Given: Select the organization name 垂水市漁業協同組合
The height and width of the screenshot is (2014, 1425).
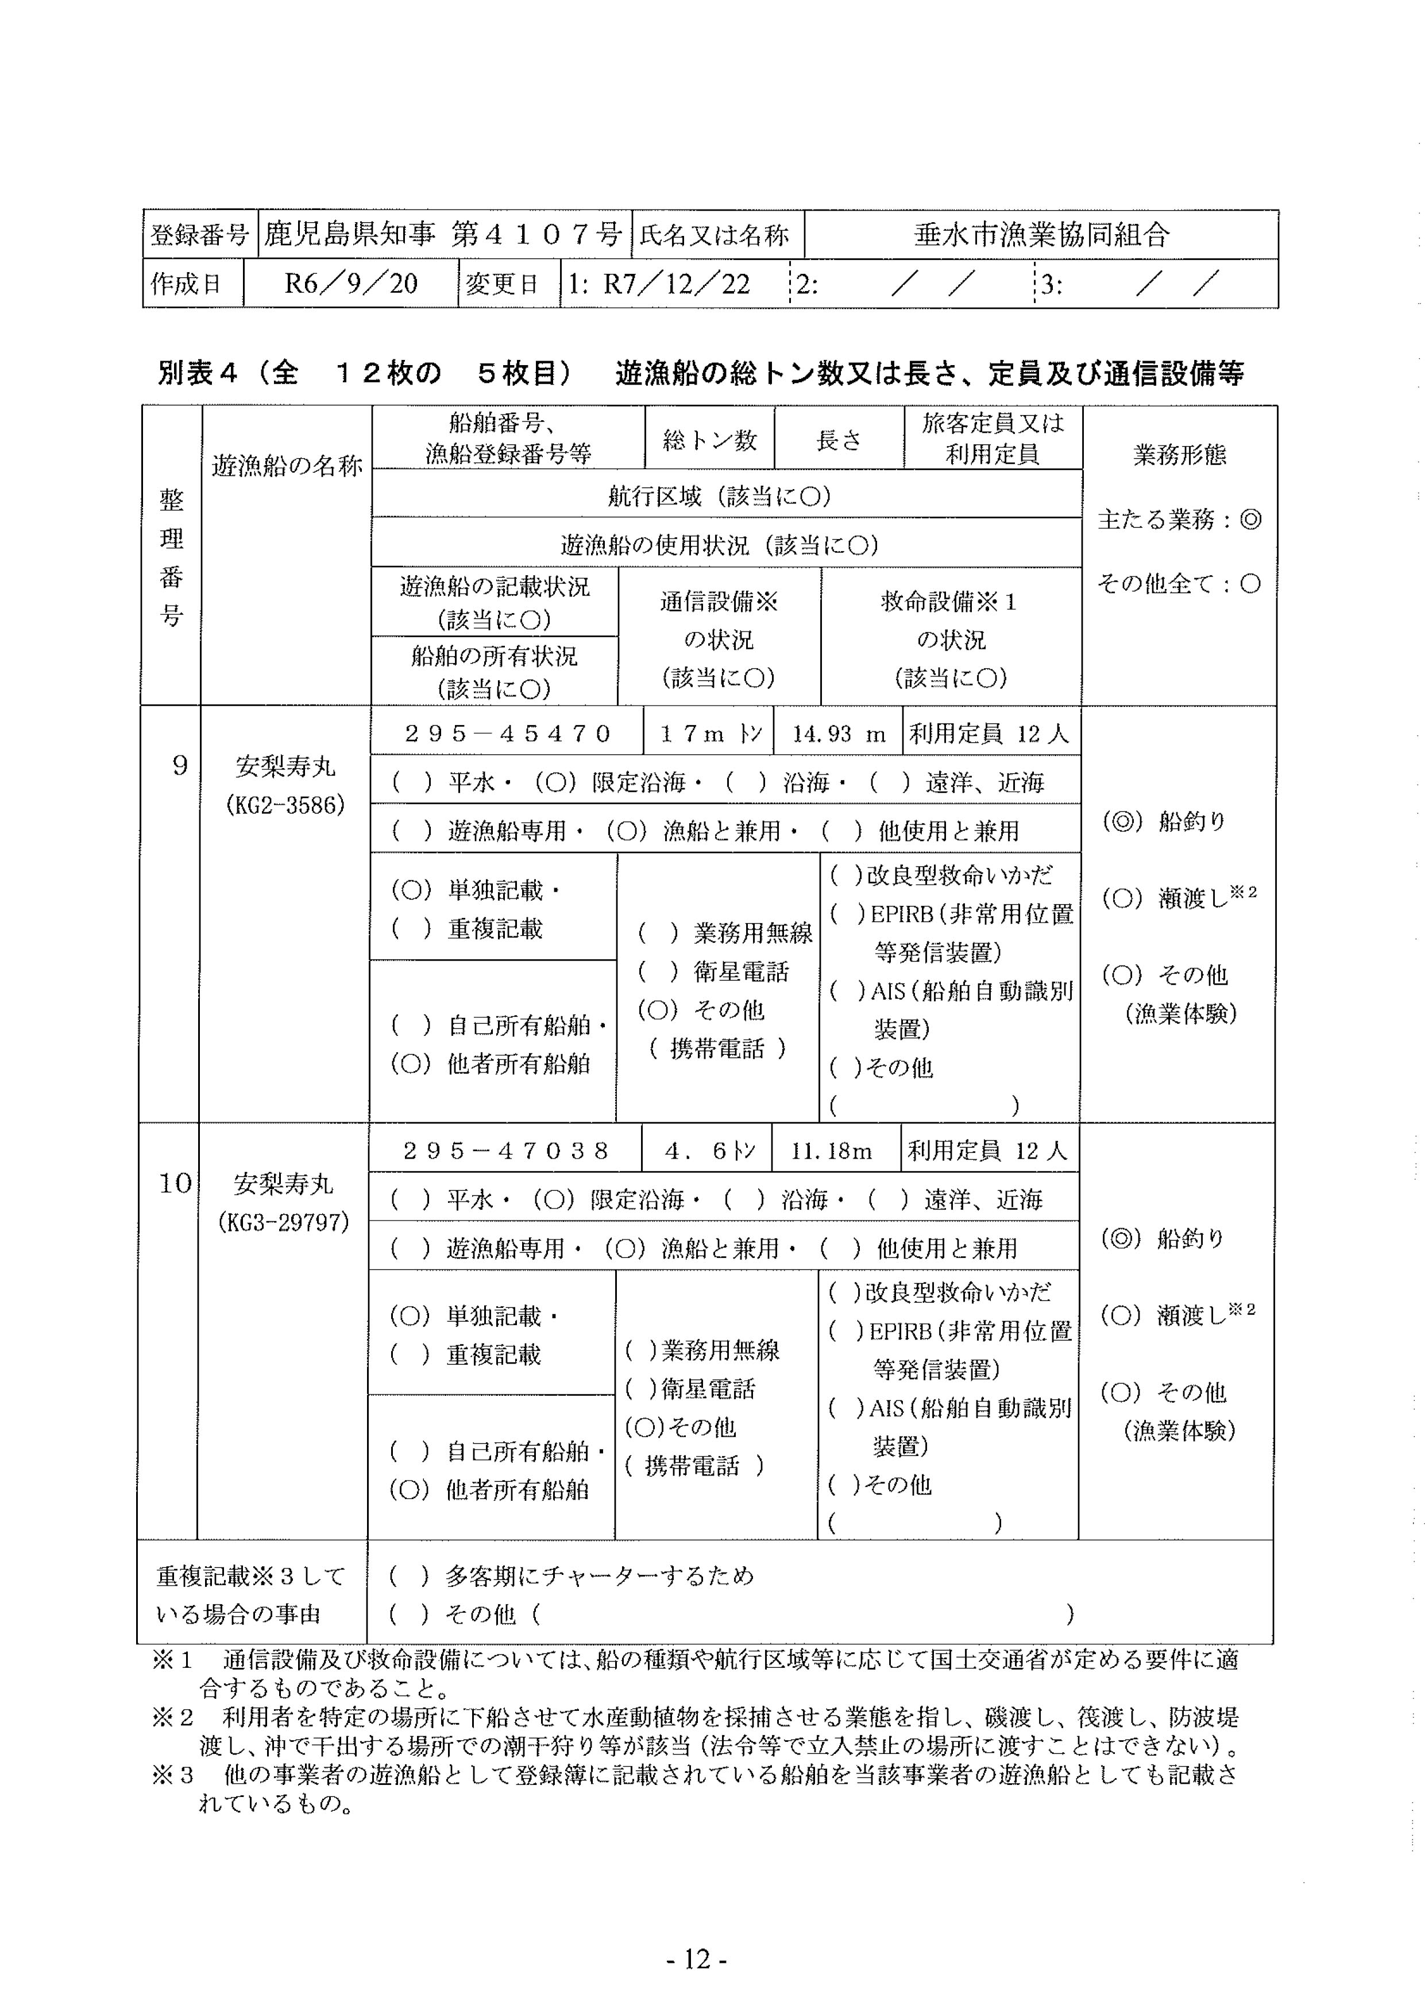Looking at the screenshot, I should point(1041,234).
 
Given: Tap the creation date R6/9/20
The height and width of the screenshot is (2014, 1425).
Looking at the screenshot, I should point(350,284).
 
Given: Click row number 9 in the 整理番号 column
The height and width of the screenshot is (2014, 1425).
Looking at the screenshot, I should point(180,766).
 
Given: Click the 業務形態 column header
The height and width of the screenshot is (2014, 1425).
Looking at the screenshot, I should point(1179,454).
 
